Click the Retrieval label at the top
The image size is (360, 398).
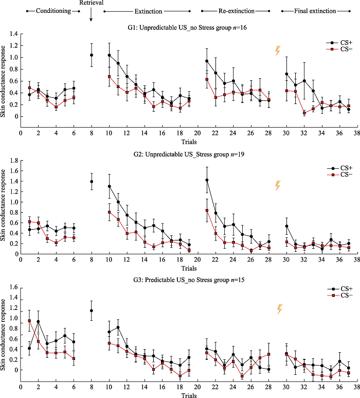(91, 3)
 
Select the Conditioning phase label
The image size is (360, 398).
(53, 10)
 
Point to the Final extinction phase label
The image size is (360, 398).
(315, 10)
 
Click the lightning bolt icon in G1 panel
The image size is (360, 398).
(278, 50)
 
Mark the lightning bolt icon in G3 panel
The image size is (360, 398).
(280, 309)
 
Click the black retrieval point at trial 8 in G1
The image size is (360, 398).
(92, 55)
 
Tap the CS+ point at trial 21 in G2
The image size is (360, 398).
(207, 180)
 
